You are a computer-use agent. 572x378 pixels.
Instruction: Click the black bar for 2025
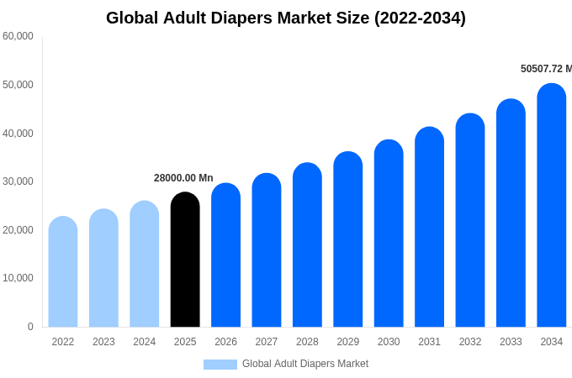[x=185, y=260]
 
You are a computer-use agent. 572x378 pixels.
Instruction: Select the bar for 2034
[x=551, y=206]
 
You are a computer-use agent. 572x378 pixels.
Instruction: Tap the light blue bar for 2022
[x=63, y=272]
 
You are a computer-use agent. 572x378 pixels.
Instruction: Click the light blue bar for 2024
[x=145, y=265]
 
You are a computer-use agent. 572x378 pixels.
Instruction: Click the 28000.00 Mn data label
[x=183, y=178]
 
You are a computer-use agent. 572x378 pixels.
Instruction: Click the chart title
[x=286, y=18]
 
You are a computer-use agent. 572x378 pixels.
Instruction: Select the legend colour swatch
[x=220, y=365]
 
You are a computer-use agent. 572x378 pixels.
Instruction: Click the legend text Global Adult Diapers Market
[x=305, y=365]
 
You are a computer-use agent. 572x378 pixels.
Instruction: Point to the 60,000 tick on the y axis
[x=18, y=36]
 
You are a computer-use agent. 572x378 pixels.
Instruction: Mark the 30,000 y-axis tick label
[x=18, y=181]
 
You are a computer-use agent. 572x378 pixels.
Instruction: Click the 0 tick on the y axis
[x=30, y=327]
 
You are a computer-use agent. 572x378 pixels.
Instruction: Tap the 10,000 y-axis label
[x=18, y=278]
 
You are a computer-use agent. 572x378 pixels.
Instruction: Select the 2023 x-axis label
[x=103, y=342]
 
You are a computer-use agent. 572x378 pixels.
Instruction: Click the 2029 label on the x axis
[x=348, y=342]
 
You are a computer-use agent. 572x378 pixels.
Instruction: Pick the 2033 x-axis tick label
[x=511, y=342]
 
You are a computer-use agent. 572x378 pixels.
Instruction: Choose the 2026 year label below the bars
[x=225, y=342]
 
